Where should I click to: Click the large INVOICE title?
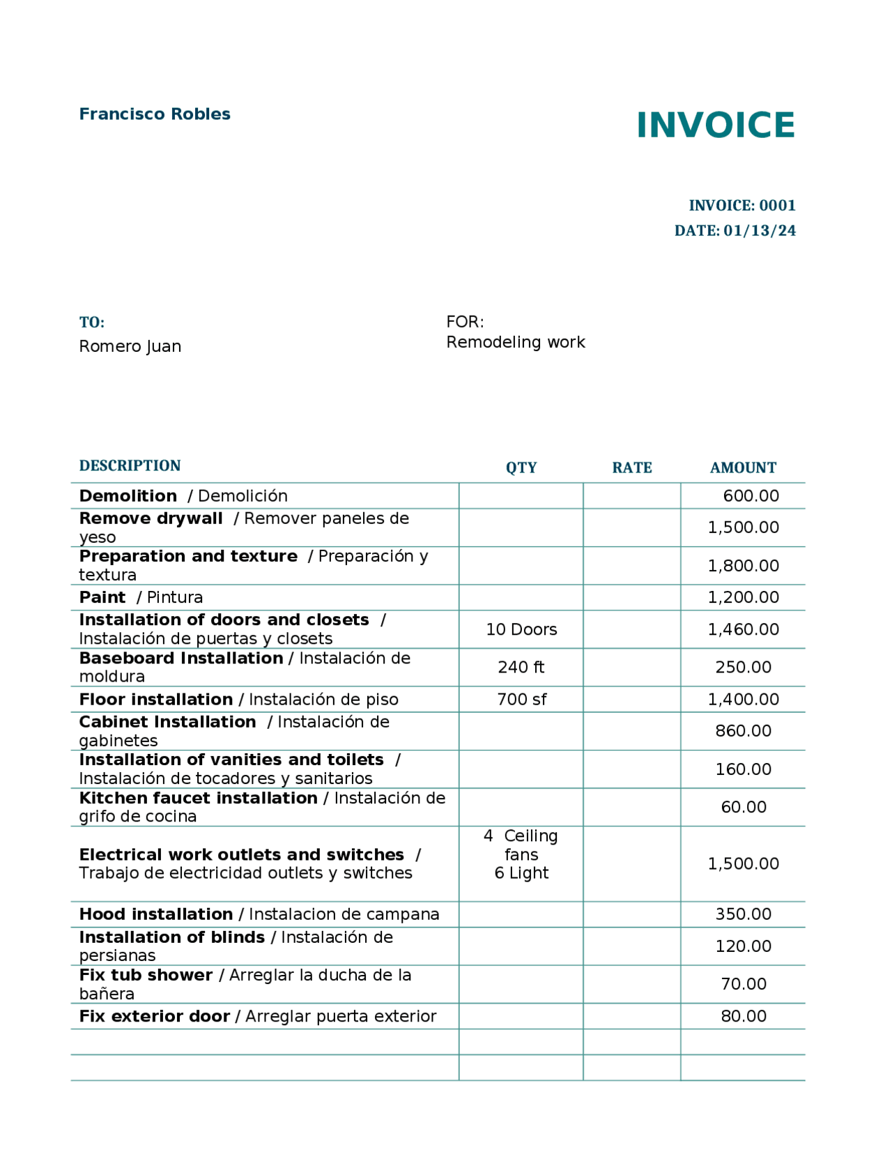(715, 125)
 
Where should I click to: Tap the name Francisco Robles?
(155, 114)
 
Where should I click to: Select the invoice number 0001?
(777, 206)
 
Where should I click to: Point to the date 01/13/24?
(759, 231)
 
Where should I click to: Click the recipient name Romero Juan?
(130, 346)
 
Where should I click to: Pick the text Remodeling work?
(516, 342)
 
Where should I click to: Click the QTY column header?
(521, 468)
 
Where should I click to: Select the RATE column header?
(632, 468)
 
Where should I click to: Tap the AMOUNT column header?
(743, 468)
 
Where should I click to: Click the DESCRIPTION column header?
(130, 466)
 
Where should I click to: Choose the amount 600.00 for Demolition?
(751, 496)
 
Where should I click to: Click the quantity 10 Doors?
(521, 629)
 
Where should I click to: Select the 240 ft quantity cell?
(521, 667)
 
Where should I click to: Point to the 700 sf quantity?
(521, 699)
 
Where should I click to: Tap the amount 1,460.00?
(743, 629)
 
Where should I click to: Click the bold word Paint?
(102, 597)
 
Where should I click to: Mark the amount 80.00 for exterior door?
(743, 1016)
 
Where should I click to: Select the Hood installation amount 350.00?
(743, 914)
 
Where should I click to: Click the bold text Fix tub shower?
(146, 975)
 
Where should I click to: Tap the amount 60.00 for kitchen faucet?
(743, 807)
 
